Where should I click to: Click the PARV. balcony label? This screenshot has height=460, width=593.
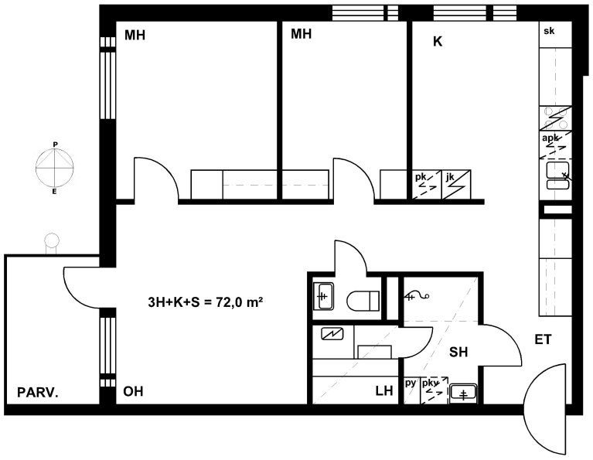(x=38, y=392)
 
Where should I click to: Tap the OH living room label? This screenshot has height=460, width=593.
(x=133, y=391)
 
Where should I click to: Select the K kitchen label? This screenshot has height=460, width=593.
(x=438, y=42)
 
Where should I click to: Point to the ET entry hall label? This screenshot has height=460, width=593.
(x=543, y=339)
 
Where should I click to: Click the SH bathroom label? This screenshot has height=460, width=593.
(x=458, y=353)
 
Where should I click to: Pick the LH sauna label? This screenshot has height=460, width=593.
(x=384, y=390)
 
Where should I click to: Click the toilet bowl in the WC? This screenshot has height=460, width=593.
(x=363, y=301)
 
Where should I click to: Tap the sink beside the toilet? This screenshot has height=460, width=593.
(x=323, y=297)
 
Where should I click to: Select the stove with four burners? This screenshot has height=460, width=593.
(x=555, y=118)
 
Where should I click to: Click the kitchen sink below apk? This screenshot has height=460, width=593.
(x=558, y=175)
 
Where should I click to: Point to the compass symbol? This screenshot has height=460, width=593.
(x=55, y=168)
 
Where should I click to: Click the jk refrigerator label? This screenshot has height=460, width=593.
(x=450, y=176)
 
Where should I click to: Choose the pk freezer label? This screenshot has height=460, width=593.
(x=421, y=177)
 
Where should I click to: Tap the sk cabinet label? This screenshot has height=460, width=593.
(x=549, y=31)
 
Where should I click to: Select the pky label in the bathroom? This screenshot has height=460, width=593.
(x=430, y=383)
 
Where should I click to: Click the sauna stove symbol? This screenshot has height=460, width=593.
(x=332, y=334)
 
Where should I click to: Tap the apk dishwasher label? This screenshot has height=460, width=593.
(x=550, y=138)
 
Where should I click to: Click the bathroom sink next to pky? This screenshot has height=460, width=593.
(x=463, y=394)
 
